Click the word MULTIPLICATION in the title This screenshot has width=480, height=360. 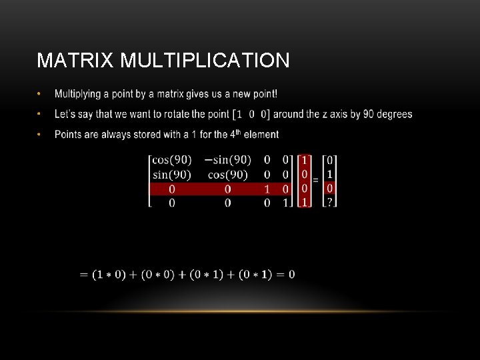click(205, 61)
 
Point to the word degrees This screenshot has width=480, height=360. click(395, 114)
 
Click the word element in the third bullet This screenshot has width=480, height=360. click(261, 135)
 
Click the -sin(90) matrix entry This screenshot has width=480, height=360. click(228, 160)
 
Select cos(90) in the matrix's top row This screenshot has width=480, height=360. click(172, 160)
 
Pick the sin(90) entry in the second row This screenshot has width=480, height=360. click(172, 175)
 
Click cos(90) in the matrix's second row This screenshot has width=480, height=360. click(228, 175)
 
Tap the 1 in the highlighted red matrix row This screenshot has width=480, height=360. click(267, 189)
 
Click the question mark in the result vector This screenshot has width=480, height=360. click(329, 202)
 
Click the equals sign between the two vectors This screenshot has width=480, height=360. click(315, 180)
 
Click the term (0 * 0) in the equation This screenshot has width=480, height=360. click(157, 275)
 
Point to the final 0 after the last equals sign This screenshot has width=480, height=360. click(292, 274)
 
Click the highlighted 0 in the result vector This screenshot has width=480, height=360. click(329, 188)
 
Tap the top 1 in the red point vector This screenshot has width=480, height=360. click(305, 160)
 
